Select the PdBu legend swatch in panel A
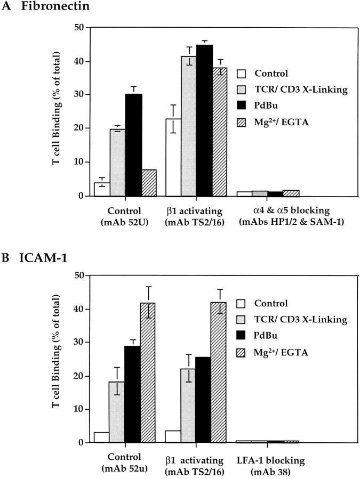[x=242, y=107]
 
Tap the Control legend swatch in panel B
[x=242, y=304]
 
